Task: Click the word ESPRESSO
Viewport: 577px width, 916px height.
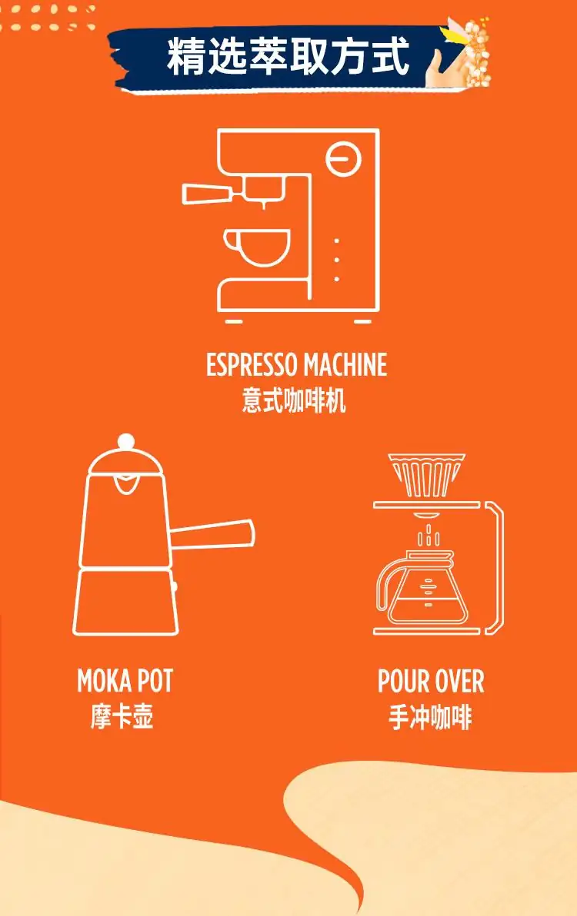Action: [x=252, y=364]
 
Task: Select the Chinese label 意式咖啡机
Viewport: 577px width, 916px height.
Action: [x=294, y=401]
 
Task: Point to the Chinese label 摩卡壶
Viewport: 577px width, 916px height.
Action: [x=122, y=716]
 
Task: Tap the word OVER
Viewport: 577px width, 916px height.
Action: [x=458, y=681]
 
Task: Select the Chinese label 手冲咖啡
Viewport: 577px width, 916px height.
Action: [x=430, y=718]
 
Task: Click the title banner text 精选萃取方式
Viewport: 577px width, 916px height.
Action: [x=288, y=57]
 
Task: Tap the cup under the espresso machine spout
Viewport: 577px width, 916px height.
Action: [x=257, y=247]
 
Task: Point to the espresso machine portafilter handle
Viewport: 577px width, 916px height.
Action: [x=208, y=194]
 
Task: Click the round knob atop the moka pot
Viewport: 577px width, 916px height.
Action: [x=125, y=442]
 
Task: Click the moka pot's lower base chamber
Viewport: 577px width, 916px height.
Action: [x=125, y=602]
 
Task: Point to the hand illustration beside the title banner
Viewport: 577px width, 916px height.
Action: [x=442, y=65]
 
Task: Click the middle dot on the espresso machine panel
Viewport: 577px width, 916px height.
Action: [x=337, y=260]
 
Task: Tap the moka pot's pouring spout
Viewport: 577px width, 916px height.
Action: [x=125, y=484]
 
